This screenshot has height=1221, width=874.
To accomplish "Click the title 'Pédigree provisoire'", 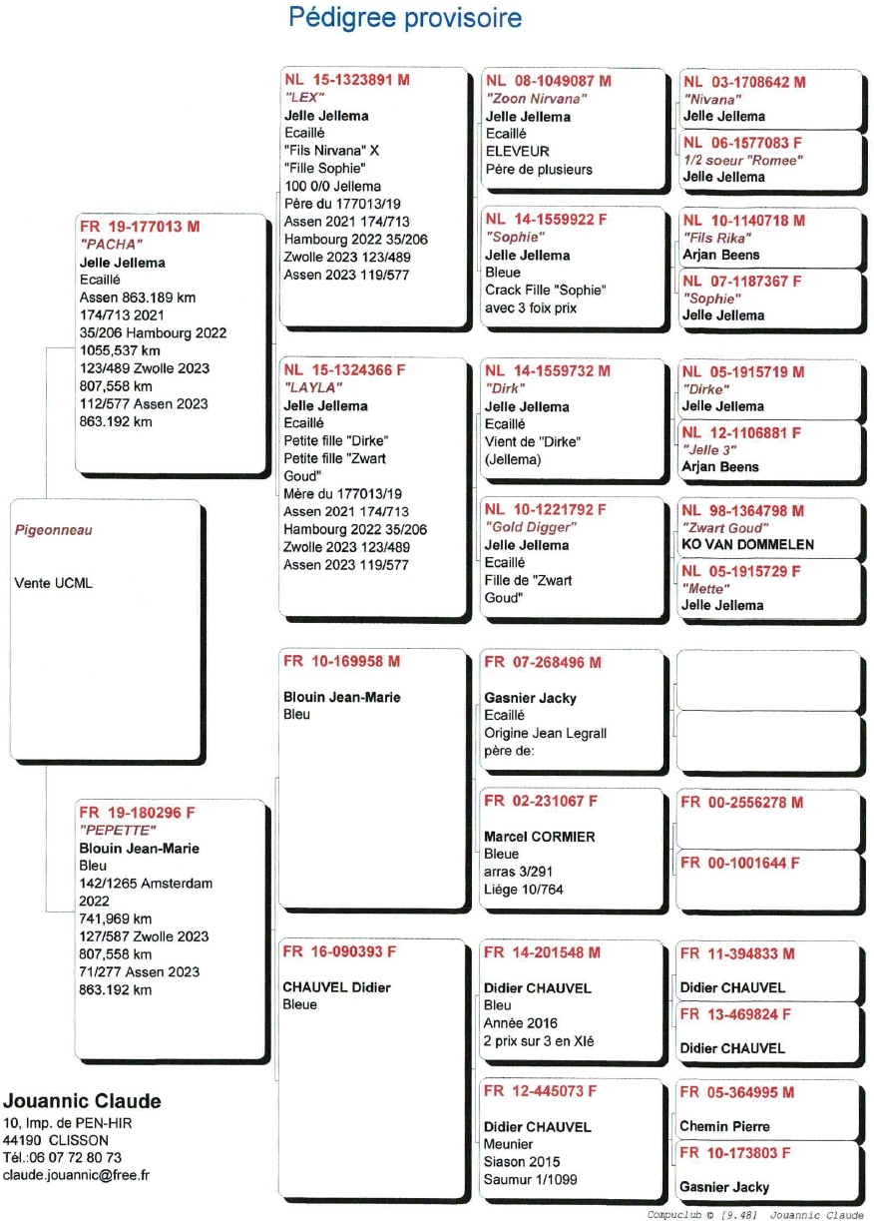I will coord(404,18).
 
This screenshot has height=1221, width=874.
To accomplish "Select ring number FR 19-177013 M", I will coord(140,227).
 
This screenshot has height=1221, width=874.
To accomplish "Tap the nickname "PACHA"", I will coord(111,245).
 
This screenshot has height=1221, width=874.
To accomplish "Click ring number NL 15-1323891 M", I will coord(346,79).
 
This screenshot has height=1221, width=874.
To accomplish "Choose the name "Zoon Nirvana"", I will coord(536,99).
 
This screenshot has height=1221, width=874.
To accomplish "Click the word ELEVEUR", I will coord(517,152).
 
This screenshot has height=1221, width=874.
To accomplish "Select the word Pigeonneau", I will coord(53,530).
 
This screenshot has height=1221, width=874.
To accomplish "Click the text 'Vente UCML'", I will coord(53,583).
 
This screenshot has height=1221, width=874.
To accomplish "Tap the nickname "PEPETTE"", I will coord(118,831).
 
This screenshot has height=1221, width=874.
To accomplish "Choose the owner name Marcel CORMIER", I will coord(539,837).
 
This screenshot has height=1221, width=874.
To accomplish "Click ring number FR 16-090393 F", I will coord(339,952).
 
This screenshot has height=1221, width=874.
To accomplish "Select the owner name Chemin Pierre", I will coord(724,1126).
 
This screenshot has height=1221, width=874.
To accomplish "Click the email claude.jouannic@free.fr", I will coord(77,1175).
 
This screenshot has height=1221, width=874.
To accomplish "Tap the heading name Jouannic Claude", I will coord(82,1102).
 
